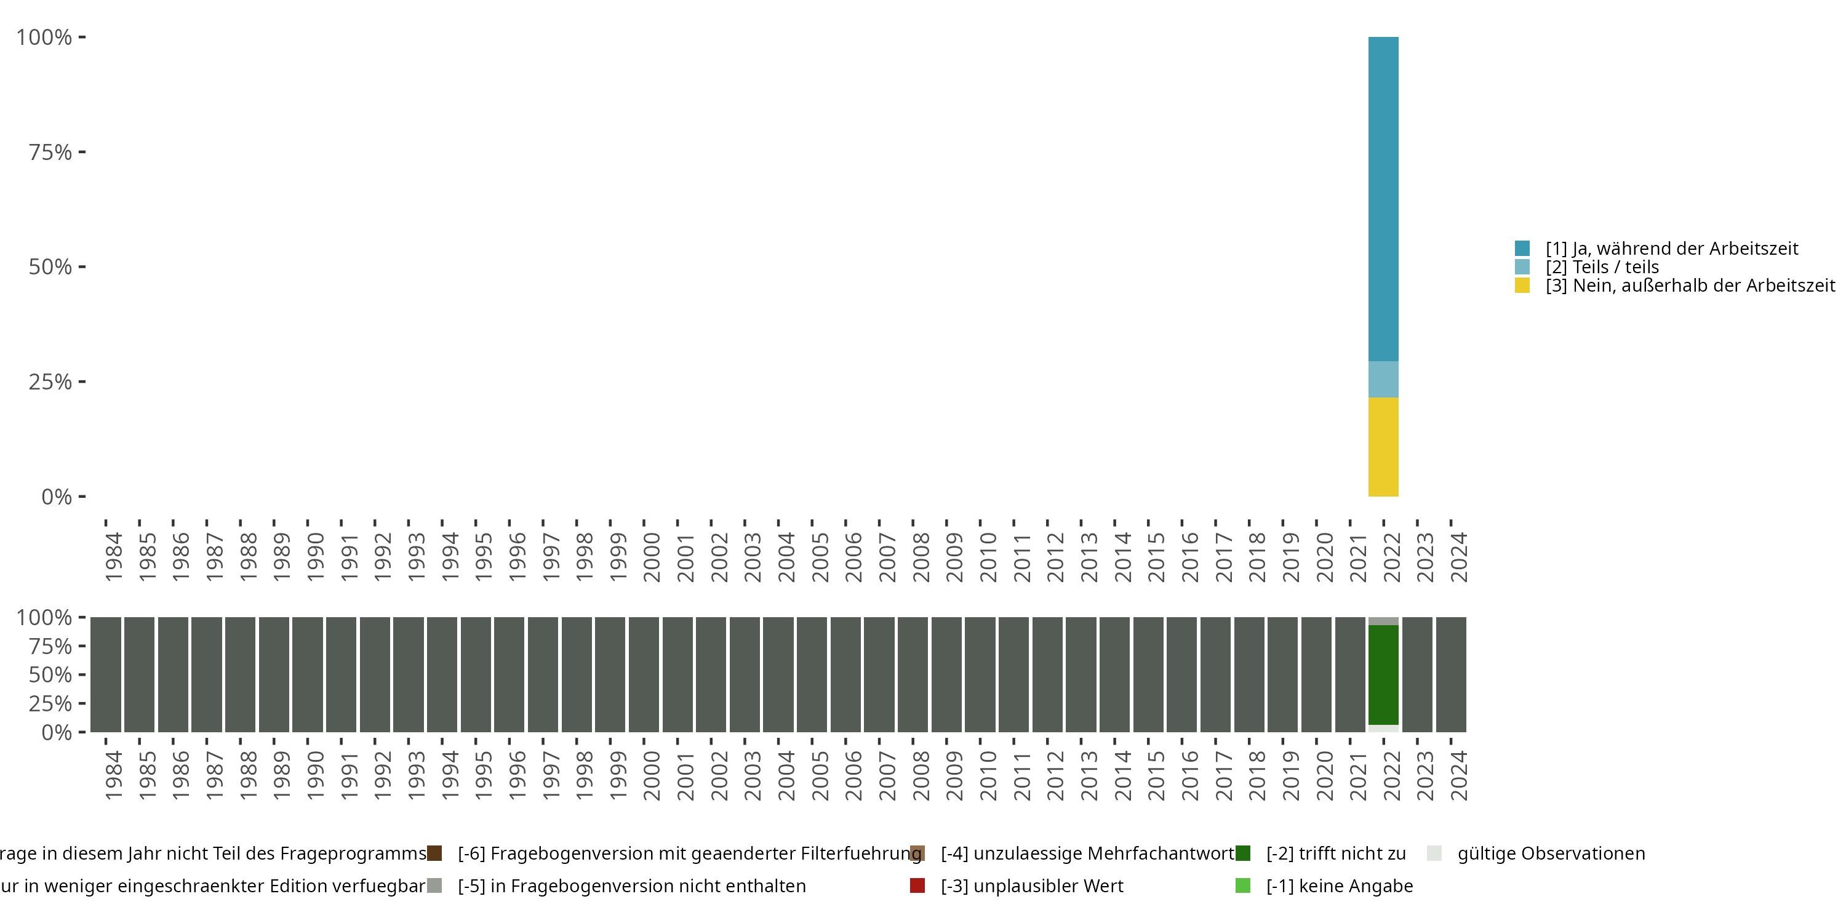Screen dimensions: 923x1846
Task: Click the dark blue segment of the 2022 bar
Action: [x=1383, y=199]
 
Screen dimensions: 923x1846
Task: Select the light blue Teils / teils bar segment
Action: [x=1383, y=379]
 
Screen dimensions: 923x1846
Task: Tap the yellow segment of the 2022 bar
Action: [x=1383, y=447]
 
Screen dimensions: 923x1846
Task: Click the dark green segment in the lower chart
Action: [x=1383, y=674]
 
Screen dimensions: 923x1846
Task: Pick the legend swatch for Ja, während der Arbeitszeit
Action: [x=1522, y=249]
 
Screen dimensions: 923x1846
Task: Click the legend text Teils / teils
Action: [x=1602, y=267]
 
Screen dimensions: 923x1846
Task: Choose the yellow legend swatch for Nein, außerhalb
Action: [x=1522, y=286]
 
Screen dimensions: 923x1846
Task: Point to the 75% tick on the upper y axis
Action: [x=82, y=152]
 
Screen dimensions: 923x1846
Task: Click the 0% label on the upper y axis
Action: [x=57, y=497]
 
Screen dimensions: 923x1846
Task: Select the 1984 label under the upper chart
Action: [x=113, y=557]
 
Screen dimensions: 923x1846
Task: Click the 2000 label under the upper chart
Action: [x=652, y=557]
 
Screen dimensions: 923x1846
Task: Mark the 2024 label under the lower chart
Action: [x=1458, y=775]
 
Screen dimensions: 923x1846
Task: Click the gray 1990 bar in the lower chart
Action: [x=308, y=674]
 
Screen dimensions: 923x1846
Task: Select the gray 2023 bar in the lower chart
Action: [x=1416, y=674]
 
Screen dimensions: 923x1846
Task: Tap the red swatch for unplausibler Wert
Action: [x=917, y=885]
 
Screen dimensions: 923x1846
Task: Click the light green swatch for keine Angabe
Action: [x=1242, y=885]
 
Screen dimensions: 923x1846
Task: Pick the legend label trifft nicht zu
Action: [x=1336, y=853]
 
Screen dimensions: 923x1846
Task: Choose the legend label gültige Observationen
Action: [x=1551, y=853]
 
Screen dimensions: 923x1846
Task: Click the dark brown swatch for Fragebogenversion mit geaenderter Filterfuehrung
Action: [x=434, y=853]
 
